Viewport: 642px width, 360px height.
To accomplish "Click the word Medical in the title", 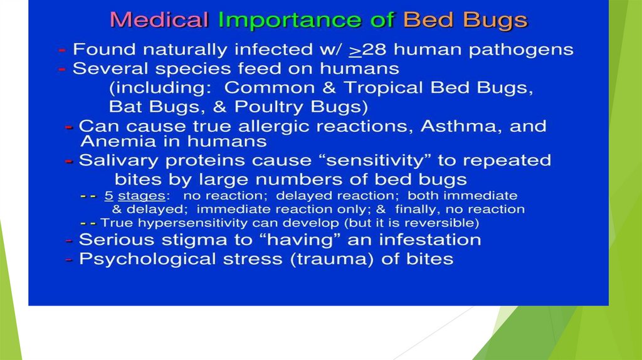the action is tap(159, 20).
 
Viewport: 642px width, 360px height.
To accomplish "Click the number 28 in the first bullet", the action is tap(374, 50).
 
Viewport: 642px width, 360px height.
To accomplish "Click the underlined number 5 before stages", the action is tap(108, 196).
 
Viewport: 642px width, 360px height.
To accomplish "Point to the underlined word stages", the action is tap(142, 196).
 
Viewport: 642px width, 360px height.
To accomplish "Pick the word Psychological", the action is tap(147, 260).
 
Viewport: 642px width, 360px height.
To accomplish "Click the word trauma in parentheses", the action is tap(332, 259).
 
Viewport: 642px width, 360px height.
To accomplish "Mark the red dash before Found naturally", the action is tap(62, 50).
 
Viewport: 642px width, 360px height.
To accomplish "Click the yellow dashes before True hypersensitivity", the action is tap(88, 224).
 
